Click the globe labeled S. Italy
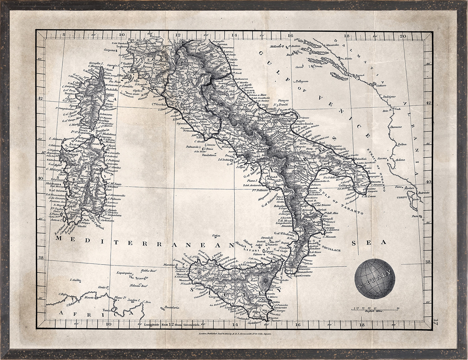[x=375, y=279]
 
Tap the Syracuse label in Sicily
[x=278, y=307]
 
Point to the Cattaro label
[x=381, y=85]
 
